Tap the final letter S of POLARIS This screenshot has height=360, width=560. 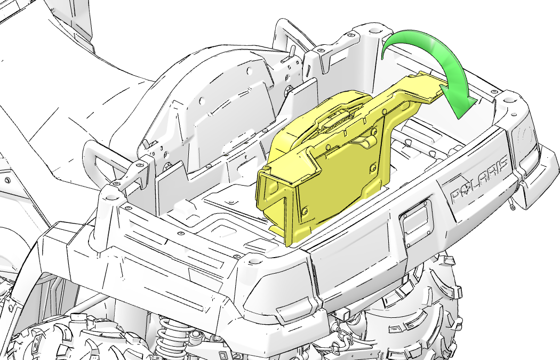(x=502, y=164)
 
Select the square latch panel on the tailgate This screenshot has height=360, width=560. (x=415, y=224)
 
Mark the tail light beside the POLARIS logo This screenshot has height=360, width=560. (x=524, y=139)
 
